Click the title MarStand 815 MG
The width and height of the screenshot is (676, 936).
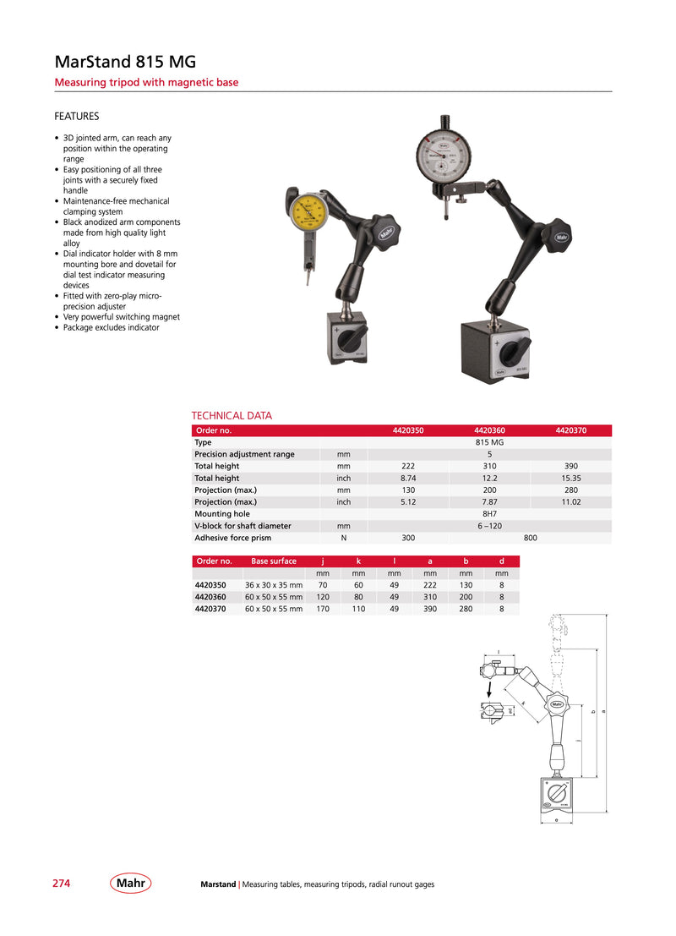pos(125,62)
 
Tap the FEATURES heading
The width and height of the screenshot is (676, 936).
pos(77,116)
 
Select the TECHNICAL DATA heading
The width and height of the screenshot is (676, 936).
pos(232,415)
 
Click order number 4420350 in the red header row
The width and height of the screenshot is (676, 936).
pos(408,430)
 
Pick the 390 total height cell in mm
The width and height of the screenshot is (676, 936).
pos(570,466)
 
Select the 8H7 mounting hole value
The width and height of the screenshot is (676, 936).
pos(489,513)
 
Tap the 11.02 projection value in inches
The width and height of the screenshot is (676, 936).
pos(570,501)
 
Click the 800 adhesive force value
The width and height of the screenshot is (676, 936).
pos(531,537)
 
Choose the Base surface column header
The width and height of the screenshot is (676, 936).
pos(274,561)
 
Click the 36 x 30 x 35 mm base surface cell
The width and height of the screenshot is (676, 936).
pos(274,584)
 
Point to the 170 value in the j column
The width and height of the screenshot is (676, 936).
pos(322,608)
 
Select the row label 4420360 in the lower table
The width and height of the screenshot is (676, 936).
pos(210,596)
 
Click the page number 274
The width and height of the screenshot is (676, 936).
pos(62,884)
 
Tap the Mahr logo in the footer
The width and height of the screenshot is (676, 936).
pos(130,884)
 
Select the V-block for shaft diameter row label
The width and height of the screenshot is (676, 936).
pos(243,525)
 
